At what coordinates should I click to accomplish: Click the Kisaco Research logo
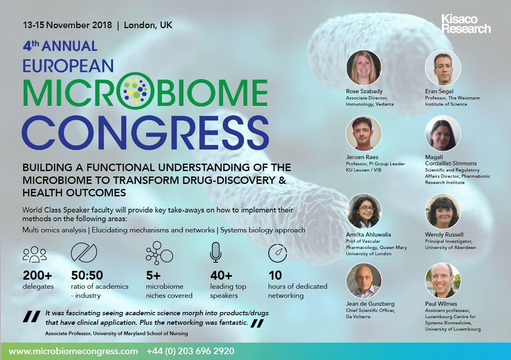pos(465,24)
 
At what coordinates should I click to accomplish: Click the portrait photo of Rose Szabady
pos(364,68)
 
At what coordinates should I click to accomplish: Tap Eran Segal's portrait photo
pos(443,68)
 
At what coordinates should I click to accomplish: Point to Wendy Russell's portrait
pos(443,211)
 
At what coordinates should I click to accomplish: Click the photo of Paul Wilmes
pos(443,281)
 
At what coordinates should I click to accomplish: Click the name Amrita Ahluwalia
pos(368,234)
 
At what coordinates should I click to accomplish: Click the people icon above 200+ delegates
pos(34,254)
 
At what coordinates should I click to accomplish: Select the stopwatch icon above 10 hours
pos(277,253)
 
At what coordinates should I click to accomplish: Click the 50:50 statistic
pos(87,275)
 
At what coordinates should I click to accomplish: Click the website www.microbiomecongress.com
pos(73,351)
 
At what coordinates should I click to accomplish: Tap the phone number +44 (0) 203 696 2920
pos(190,351)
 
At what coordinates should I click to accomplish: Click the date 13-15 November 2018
pos(67,25)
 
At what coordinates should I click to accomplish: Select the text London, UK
pos(148,25)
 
